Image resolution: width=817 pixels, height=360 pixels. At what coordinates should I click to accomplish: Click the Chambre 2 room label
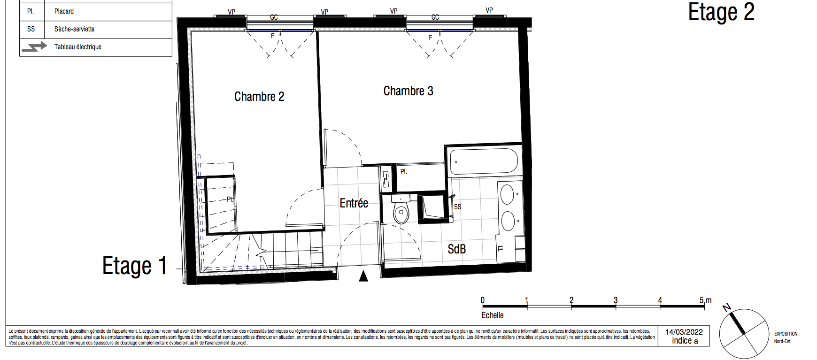259,97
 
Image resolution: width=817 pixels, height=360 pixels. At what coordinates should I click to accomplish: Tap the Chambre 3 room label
408,91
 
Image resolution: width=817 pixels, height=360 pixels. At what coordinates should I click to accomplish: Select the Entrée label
354,203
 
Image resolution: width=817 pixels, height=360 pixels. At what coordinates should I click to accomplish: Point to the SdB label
456,249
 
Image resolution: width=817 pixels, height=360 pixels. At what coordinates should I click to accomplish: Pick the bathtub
484,161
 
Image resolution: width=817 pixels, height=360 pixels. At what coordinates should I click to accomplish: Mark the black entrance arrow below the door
363,276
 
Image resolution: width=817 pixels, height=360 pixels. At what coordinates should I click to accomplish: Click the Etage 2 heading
721,13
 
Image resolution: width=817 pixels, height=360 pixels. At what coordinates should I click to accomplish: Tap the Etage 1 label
135,266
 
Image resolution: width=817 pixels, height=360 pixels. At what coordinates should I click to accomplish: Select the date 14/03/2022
684,332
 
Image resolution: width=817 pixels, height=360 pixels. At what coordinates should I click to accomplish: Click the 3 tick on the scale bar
616,300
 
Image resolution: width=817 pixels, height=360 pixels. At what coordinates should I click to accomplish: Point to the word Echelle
493,315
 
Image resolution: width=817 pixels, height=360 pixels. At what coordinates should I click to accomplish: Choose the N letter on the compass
727,308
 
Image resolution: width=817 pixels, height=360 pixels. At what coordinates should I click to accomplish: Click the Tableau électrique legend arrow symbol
34,47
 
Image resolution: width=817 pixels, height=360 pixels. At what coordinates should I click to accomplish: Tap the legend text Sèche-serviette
74,29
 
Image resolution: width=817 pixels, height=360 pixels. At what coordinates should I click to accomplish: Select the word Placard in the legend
64,11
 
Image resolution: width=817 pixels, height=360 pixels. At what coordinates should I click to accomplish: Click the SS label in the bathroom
458,207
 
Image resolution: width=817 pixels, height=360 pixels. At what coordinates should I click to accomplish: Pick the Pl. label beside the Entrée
404,172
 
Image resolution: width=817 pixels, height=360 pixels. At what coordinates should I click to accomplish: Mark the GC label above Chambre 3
435,17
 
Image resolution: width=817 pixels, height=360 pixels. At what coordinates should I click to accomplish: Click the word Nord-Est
782,341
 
